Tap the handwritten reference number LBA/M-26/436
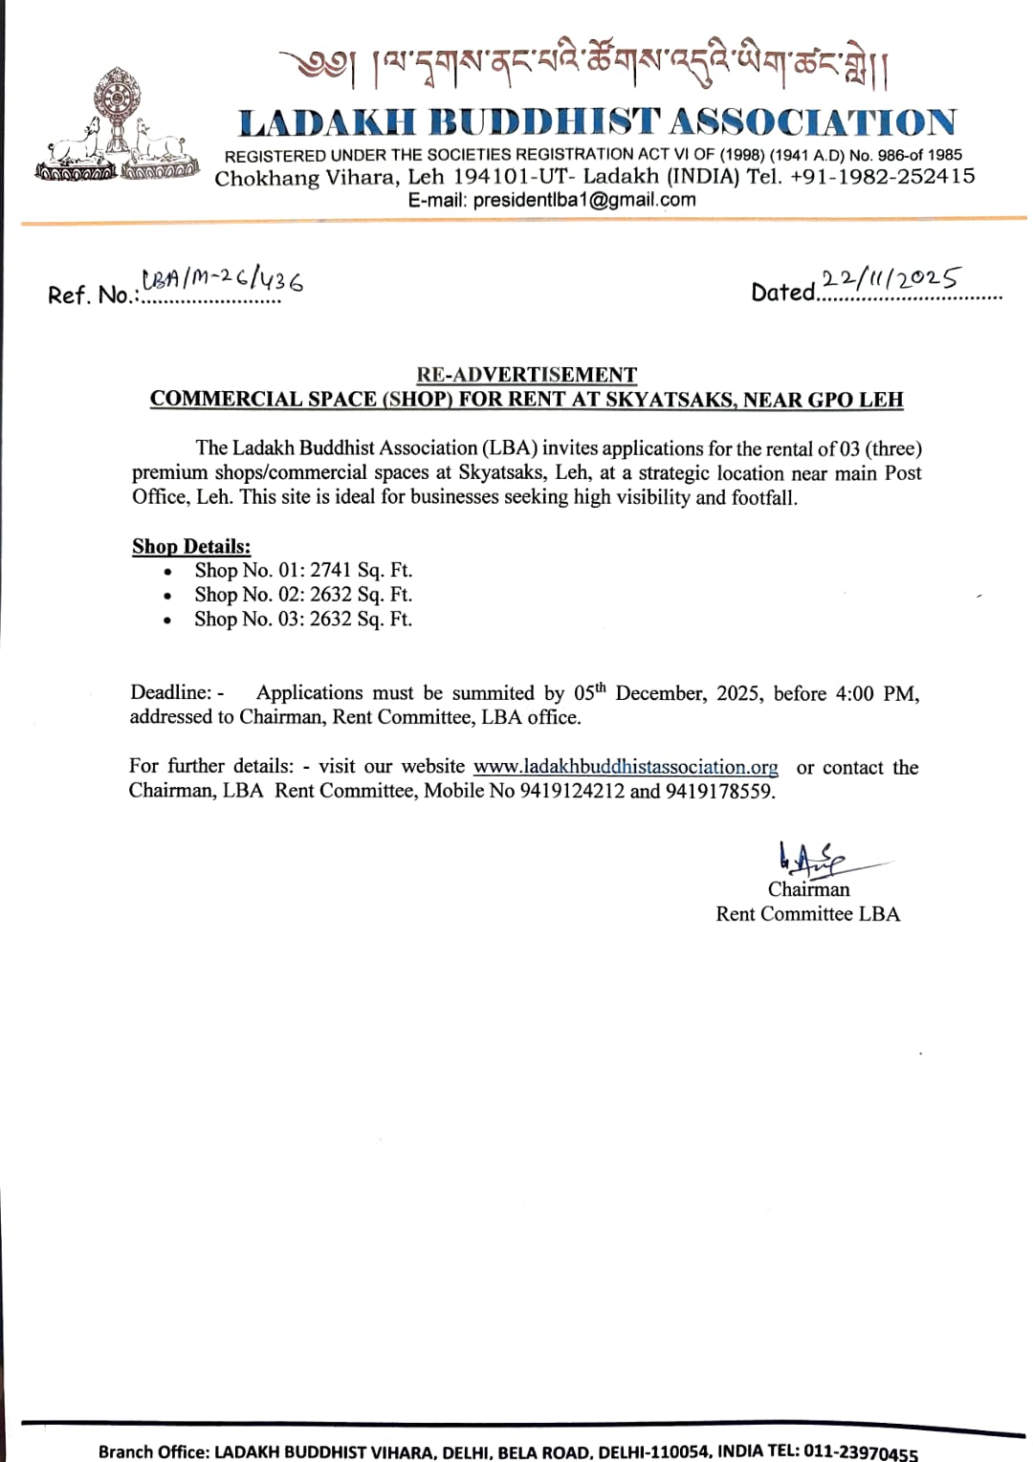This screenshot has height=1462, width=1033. [x=223, y=279]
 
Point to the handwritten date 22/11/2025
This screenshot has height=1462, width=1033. [x=890, y=278]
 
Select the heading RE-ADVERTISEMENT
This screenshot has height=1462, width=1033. [x=526, y=375]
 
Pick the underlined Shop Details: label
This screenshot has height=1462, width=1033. [x=191, y=546]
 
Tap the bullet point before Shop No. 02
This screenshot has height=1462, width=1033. [x=168, y=596]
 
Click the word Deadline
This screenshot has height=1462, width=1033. [x=170, y=692]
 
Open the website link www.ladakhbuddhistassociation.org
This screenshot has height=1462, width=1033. [x=626, y=767]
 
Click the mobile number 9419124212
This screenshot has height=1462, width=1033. [x=572, y=791]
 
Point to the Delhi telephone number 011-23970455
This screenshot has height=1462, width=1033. [x=860, y=1451]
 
